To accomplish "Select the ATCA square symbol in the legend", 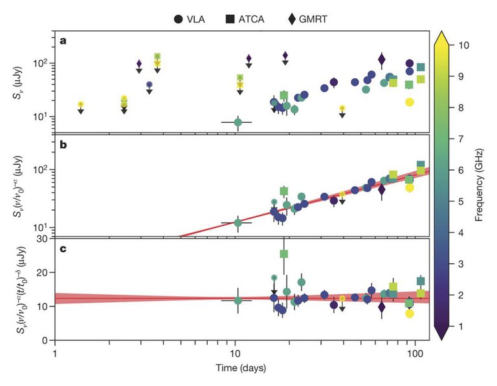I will [x=230, y=19].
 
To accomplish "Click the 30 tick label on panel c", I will [x=42, y=239].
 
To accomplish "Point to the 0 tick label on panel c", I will [x=45, y=340].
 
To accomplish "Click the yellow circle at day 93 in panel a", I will [x=409, y=102].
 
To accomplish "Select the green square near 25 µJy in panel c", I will [x=283, y=253].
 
